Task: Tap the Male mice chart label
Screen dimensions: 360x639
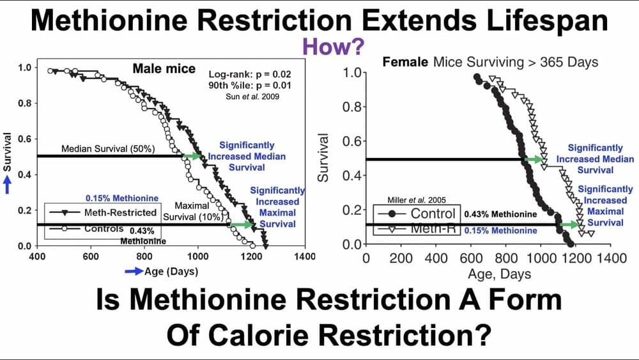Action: tap(164, 69)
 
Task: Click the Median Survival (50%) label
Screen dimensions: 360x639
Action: tap(108, 148)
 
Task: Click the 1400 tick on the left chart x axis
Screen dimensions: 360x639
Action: tap(304, 256)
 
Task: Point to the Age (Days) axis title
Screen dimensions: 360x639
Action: tap(170, 270)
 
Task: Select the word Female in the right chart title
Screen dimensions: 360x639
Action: tap(405, 63)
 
